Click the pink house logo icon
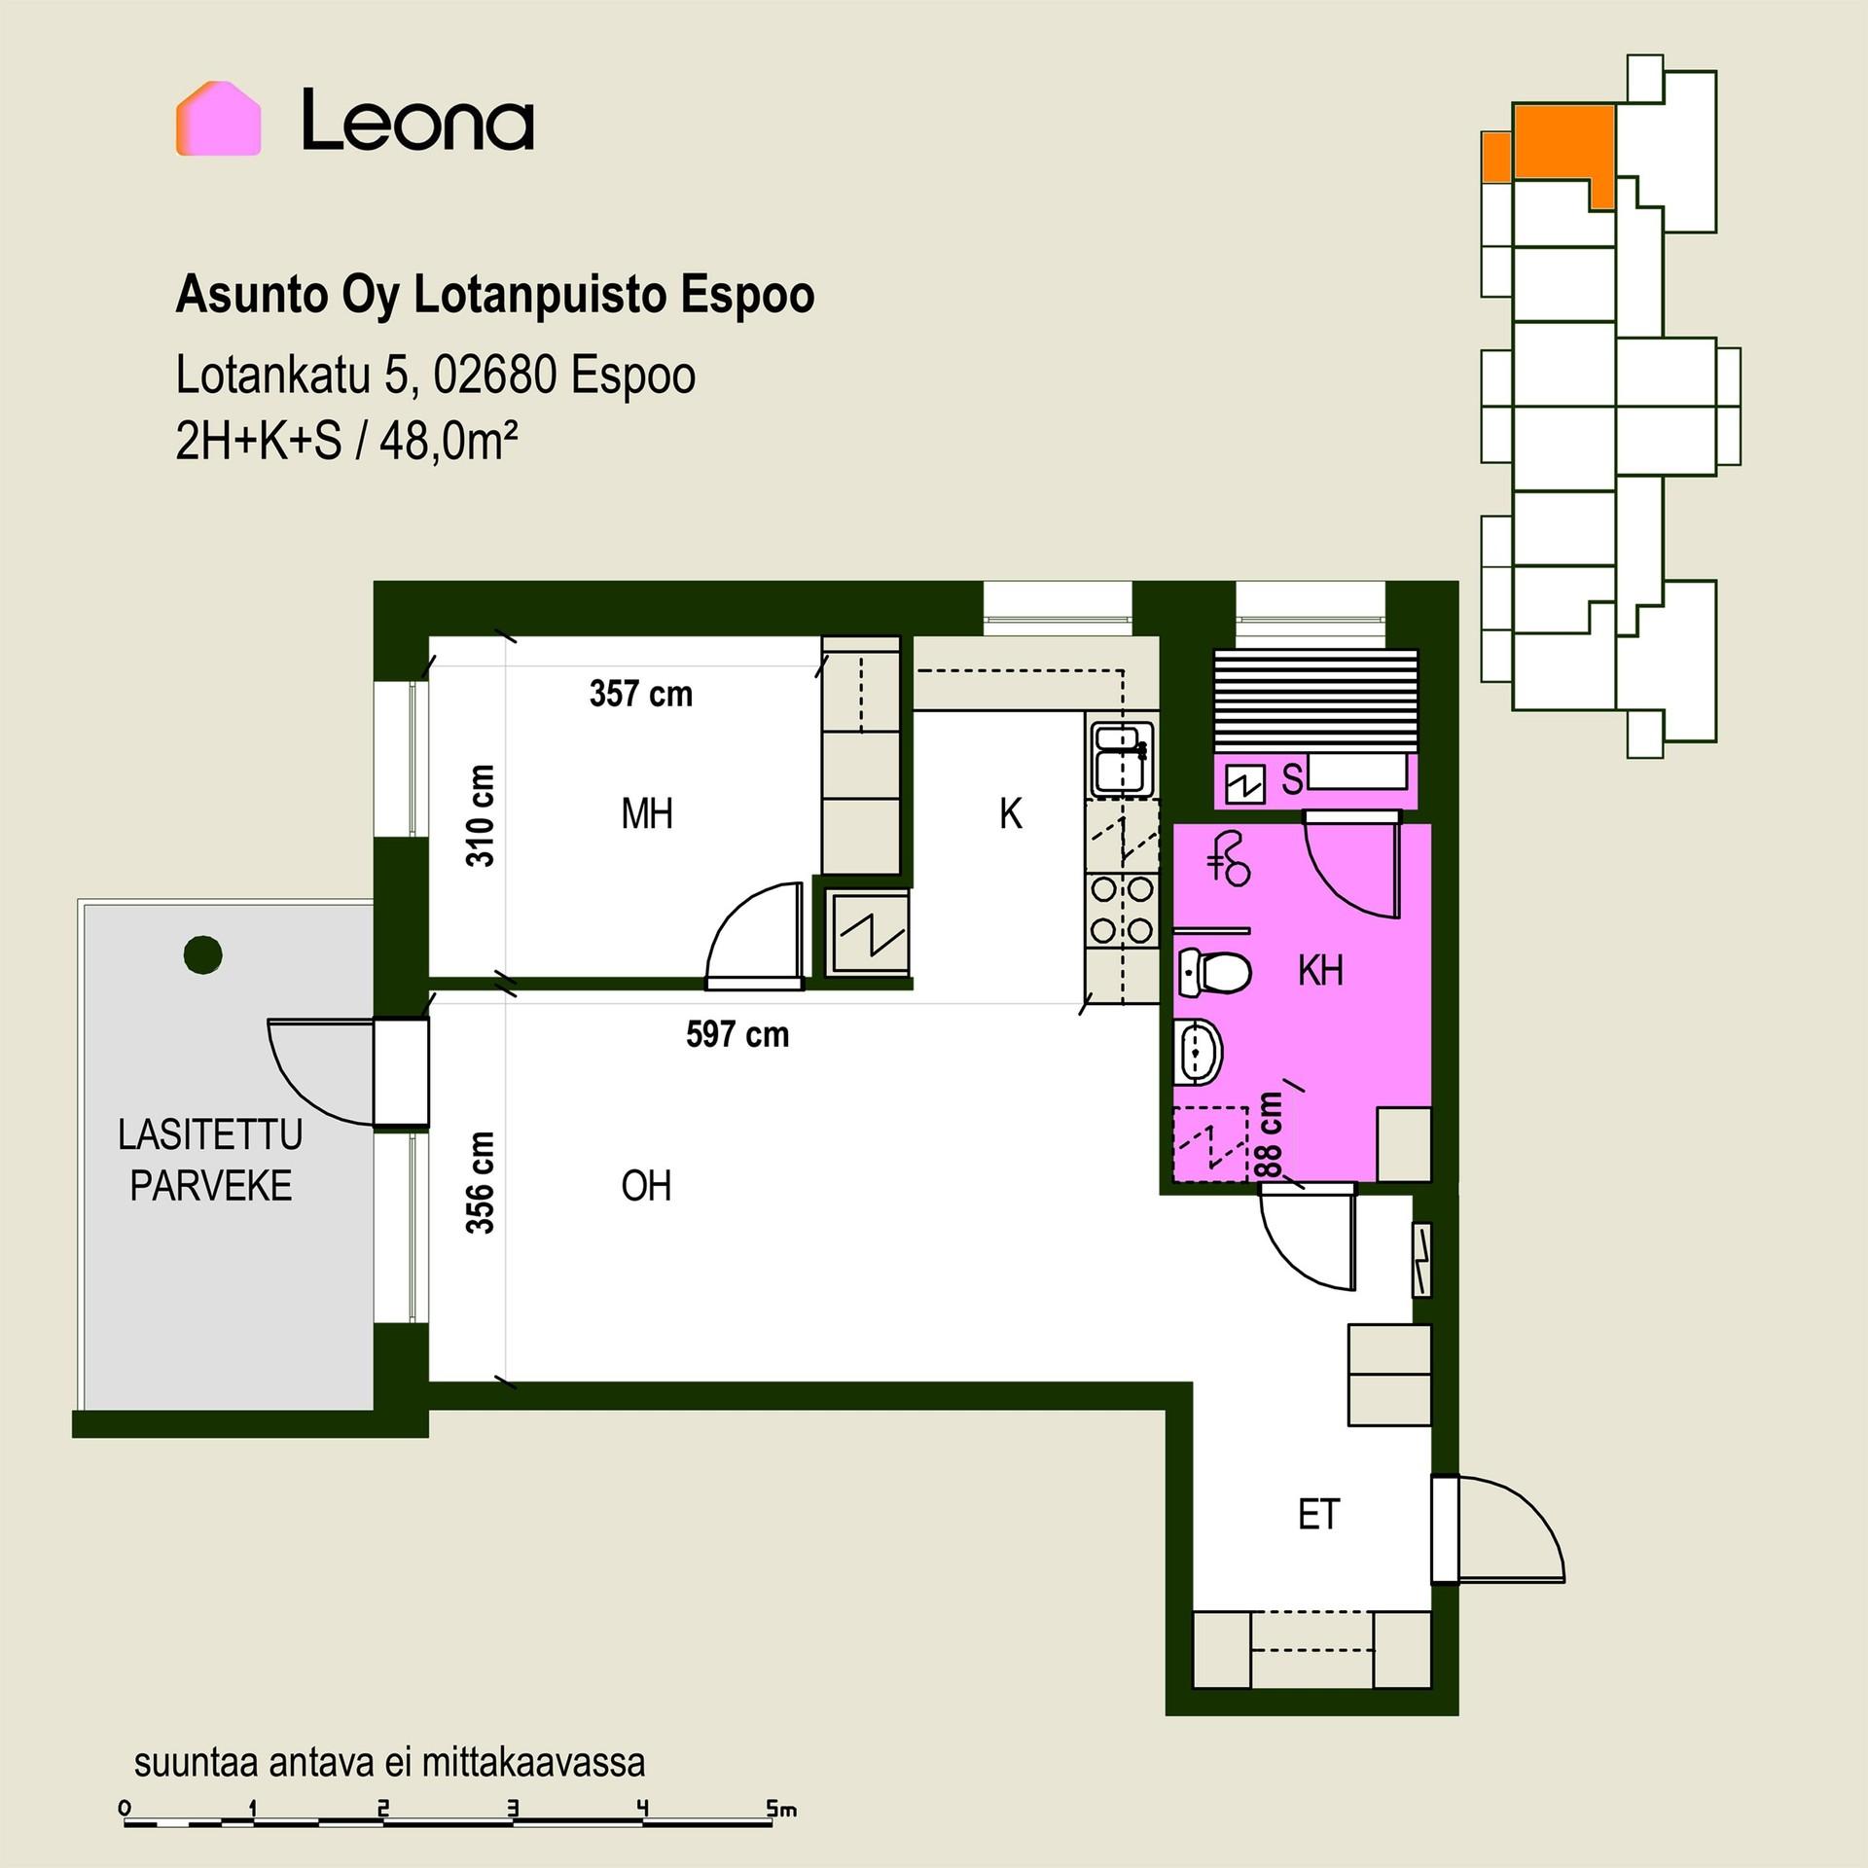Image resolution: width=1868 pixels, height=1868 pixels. (x=218, y=119)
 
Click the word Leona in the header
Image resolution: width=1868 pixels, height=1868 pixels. (x=417, y=120)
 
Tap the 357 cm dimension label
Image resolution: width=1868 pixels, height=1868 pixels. (x=641, y=694)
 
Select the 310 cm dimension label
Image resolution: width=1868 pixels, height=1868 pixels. (x=481, y=815)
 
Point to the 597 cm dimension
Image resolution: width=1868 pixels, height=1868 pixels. (x=737, y=1034)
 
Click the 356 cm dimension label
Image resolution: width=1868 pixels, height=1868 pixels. (x=481, y=1182)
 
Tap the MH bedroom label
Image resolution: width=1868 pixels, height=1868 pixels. (x=647, y=813)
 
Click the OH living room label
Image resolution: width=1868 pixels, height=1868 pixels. (x=647, y=1186)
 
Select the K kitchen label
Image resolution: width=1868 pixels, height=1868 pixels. (x=1011, y=813)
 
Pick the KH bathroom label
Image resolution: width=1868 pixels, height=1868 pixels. (x=1320, y=970)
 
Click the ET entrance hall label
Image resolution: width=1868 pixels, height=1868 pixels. (x=1319, y=1515)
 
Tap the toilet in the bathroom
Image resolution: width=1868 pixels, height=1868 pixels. (x=1213, y=971)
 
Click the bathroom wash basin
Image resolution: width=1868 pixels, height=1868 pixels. (x=1199, y=1052)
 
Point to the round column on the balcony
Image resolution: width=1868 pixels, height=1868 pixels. (x=202, y=954)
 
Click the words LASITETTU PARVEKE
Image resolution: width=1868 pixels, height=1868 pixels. (x=211, y=1160)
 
